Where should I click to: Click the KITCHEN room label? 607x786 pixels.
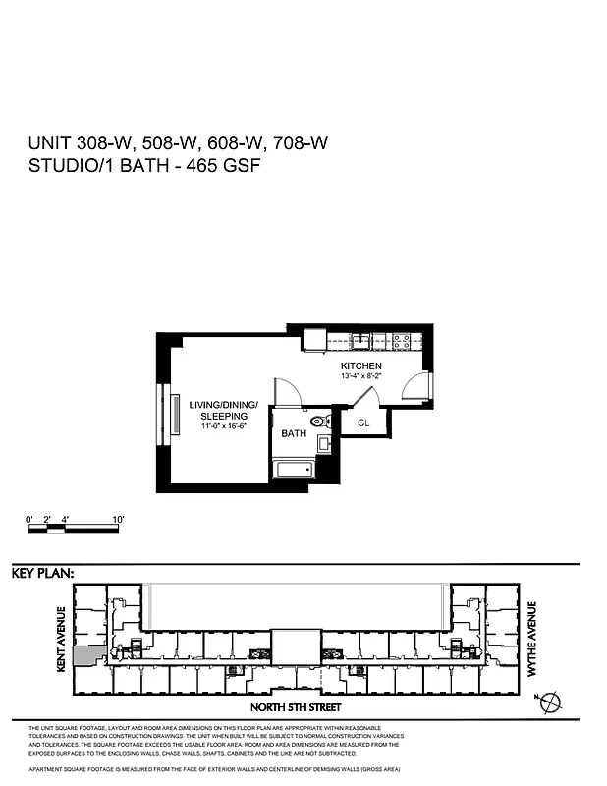coord(362,365)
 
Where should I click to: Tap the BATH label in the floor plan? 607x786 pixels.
coord(294,433)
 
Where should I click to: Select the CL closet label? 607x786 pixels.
coord(362,423)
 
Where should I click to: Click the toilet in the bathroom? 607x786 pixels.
coord(317,422)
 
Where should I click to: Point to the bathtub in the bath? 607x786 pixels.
coord(294,469)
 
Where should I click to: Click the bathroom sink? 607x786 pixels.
coord(324,443)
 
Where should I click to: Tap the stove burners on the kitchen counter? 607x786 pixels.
coord(402,341)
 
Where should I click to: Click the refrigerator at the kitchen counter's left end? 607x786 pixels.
coord(314,340)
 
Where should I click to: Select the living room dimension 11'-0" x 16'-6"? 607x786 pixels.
coord(224,426)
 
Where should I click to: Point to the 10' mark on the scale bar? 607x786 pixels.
coord(118,518)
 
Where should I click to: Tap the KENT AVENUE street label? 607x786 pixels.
coord(61,640)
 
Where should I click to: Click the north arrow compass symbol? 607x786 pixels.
coord(551,702)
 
